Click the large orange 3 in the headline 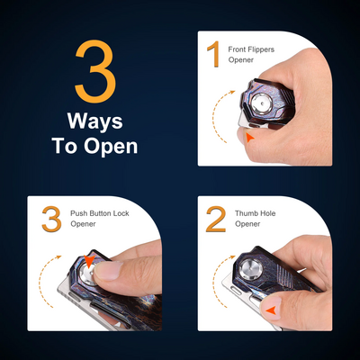tap(95, 71)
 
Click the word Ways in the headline tap(95, 121)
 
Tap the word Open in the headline tap(111, 147)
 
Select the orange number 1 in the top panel tap(215, 54)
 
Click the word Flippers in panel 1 tap(261, 49)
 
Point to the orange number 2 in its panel tap(216, 219)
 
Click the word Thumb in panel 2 tap(245, 213)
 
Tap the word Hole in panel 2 tap(266, 213)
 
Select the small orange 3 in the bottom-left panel tap(52, 219)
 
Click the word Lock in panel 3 tap(121, 213)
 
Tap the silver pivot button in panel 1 tap(261, 103)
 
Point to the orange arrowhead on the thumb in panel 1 tap(249, 138)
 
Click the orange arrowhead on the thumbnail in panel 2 tap(272, 310)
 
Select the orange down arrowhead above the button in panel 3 tap(89, 260)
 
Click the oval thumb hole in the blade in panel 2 tap(237, 291)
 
